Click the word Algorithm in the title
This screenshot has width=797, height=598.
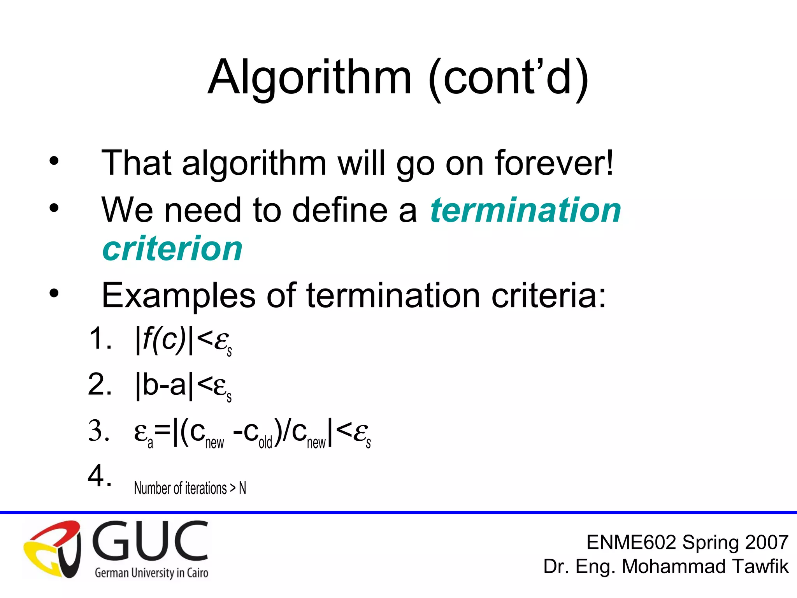pyautogui.click(x=309, y=78)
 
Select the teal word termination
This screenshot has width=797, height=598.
pyautogui.click(x=525, y=210)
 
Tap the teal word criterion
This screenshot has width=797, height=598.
pyautogui.click(x=172, y=248)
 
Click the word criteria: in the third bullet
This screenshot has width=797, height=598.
pyautogui.click(x=549, y=295)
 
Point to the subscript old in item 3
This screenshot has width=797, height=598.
pyautogui.click(x=265, y=443)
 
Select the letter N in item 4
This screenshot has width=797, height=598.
pyautogui.click(x=242, y=488)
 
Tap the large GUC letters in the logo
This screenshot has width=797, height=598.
pyautogui.click(x=150, y=541)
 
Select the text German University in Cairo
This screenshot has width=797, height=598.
pyautogui.click(x=151, y=573)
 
